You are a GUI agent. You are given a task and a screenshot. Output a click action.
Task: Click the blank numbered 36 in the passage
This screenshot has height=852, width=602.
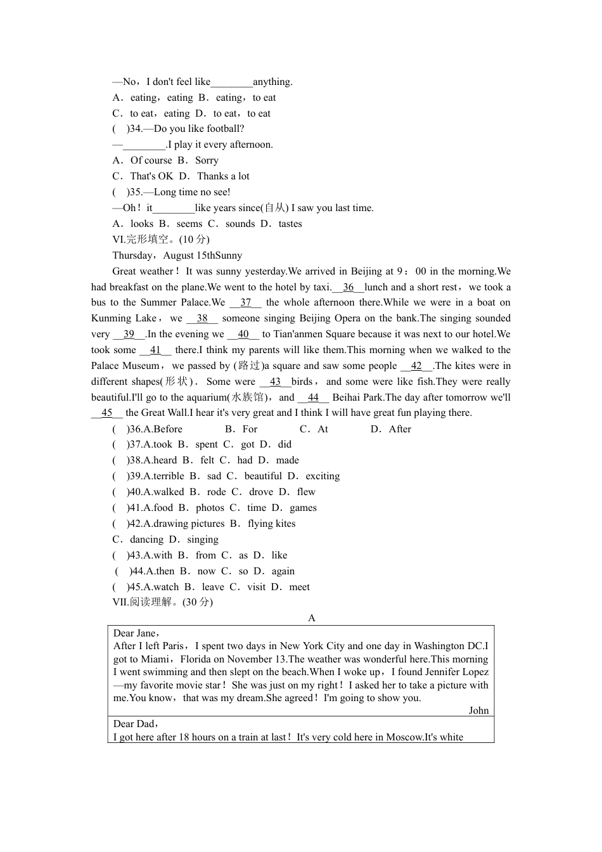click(348, 287)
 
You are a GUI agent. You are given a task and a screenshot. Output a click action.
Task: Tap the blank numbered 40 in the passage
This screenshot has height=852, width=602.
click(243, 335)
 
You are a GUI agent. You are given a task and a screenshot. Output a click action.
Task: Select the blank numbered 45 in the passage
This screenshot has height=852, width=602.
click(107, 413)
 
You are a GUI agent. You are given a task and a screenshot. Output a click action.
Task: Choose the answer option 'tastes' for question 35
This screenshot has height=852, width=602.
click(290, 224)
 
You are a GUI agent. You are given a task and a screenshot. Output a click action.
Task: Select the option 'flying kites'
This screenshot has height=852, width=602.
click(272, 524)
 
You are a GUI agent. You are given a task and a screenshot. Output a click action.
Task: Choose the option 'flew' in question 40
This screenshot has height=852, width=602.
click(306, 492)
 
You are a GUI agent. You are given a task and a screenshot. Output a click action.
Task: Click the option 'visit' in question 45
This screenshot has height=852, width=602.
click(257, 587)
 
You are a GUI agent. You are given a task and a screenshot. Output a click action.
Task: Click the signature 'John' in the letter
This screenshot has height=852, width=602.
click(479, 711)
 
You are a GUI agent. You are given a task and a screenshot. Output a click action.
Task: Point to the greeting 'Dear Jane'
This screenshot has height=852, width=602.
click(134, 633)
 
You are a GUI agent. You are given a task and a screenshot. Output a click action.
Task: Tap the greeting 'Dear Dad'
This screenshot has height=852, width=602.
click(134, 724)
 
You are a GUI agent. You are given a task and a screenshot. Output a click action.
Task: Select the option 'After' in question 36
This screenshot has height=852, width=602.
click(400, 429)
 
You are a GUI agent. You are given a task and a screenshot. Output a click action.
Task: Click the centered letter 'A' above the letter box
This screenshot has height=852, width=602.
click(311, 618)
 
